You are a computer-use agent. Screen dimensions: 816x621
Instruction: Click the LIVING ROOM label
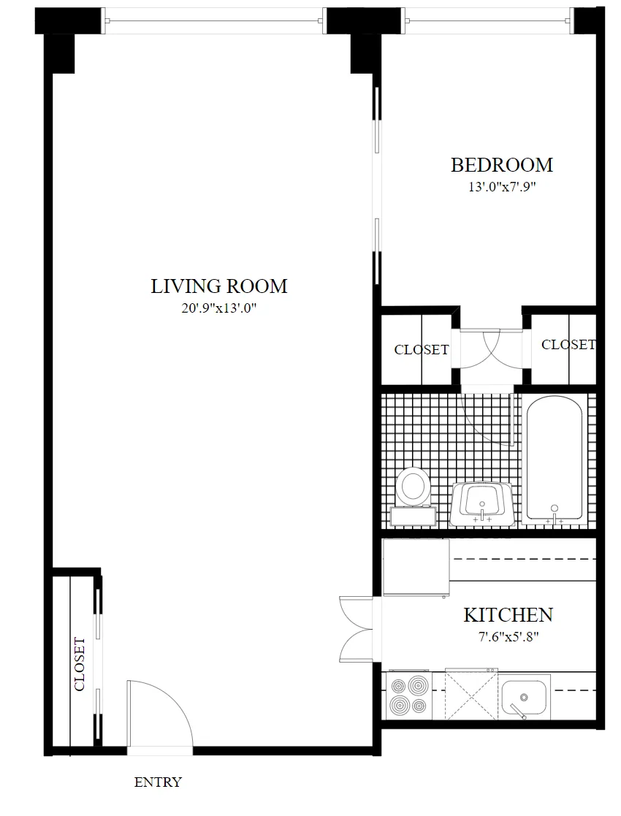pos(218,286)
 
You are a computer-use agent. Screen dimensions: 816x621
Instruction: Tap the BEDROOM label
pos(501,165)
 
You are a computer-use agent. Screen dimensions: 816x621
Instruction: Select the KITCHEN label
pos(508,614)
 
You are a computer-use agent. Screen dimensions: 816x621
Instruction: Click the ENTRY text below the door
pos(158,782)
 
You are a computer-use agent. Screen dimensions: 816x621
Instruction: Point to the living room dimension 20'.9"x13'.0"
pos(218,308)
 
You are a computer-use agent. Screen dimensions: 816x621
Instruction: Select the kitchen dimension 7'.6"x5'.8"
pos(508,636)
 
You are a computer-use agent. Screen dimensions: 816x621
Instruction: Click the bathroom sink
pos(481,503)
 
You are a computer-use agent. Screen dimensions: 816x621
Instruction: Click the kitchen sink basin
pos(525,696)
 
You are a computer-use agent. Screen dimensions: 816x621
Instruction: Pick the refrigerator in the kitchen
pos(415,567)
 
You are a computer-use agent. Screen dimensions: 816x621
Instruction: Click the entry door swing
pos(158,712)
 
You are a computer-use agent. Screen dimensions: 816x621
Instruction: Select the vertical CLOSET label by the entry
pos(79,665)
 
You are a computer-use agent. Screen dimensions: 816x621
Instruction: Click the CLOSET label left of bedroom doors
pos(421,350)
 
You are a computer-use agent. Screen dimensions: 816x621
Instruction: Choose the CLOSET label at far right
pos(568,344)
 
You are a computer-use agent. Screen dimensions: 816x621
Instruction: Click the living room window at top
pos(214,21)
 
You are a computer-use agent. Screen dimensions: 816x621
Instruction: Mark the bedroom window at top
pos(487,21)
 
